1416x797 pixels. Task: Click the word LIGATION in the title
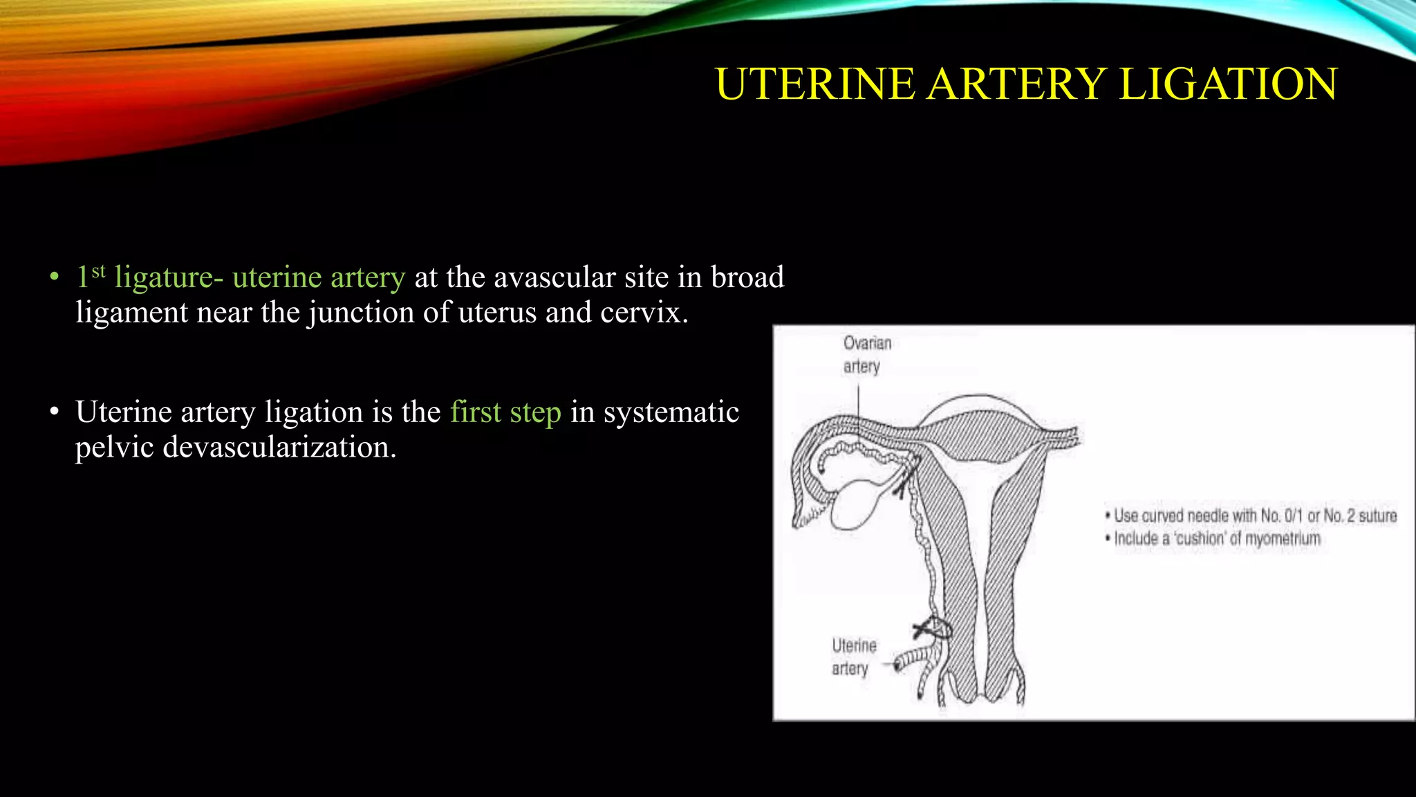(1228, 84)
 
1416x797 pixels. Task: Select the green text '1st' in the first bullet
(91, 276)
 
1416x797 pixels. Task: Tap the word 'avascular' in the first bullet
(555, 277)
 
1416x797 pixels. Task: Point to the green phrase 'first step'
(505, 412)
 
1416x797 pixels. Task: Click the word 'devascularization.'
(236, 447)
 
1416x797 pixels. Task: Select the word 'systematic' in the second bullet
(671, 412)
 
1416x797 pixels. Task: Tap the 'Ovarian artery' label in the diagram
(866, 354)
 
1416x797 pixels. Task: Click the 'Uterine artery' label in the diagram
(853, 657)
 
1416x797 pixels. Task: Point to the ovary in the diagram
(855, 504)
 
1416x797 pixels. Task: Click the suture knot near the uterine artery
(933, 628)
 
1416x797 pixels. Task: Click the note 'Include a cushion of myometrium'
(1216, 538)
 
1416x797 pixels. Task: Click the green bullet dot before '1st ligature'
(55, 277)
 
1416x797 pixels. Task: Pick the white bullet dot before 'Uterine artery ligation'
(55, 412)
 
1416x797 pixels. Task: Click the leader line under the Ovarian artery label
(859, 408)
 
